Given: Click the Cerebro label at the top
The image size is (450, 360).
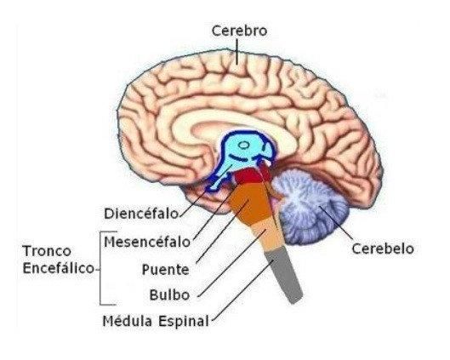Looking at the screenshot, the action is click(x=239, y=31).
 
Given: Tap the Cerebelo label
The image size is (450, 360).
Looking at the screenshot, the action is click(x=383, y=249).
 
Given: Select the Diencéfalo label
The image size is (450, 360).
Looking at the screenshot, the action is click(x=141, y=214).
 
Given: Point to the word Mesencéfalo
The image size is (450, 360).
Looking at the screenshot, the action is click(x=147, y=242).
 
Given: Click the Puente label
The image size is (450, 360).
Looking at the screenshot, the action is click(x=166, y=270).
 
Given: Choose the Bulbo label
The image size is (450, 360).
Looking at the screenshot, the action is click(x=169, y=294).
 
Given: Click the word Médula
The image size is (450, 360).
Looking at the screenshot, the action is click(x=128, y=321).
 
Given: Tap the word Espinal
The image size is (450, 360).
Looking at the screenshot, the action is click(x=184, y=321).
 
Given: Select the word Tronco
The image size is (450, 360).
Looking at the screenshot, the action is click(x=47, y=251).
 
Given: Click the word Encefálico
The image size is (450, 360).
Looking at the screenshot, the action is click(x=58, y=268).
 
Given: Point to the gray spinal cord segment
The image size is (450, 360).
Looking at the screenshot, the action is click(x=283, y=276).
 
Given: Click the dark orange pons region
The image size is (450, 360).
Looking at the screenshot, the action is click(x=251, y=203).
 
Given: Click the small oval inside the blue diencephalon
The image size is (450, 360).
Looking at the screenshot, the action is click(x=244, y=146).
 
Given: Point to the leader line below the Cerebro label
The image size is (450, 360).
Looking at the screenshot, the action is click(x=237, y=52).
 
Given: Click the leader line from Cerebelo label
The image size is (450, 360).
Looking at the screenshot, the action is click(x=335, y=222).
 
